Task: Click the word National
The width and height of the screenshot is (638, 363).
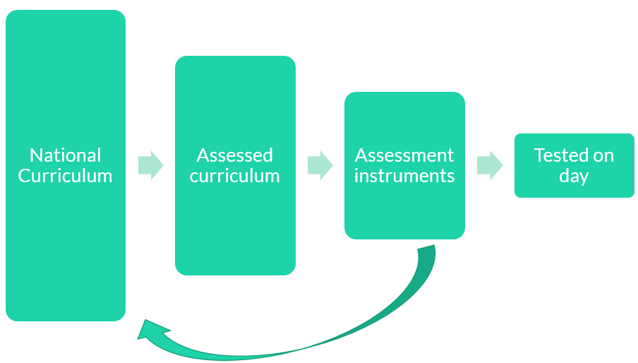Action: click(x=66, y=155)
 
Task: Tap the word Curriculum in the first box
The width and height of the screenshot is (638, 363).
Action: click(x=66, y=176)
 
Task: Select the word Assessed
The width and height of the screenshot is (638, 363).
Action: click(x=235, y=155)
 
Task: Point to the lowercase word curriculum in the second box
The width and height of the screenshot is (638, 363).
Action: click(x=235, y=176)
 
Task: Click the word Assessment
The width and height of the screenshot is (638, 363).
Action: click(x=404, y=155)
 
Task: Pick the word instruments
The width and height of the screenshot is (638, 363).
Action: click(x=404, y=176)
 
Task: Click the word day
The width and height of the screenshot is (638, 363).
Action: click(x=574, y=176)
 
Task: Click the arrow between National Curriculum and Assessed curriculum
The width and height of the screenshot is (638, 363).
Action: click(x=150, y=165)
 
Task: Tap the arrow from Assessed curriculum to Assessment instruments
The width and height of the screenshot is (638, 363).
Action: click(x=320, y=165)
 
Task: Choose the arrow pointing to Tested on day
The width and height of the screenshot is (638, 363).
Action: click(x=489, y=165)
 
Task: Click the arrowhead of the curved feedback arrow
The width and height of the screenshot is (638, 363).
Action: click(x=150, y=331)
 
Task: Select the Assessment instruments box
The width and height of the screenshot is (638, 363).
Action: click(x=404, y=212)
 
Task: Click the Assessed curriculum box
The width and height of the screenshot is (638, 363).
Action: click(x=235, y=233)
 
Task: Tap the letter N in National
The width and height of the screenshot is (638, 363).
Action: click(x=35, y=155)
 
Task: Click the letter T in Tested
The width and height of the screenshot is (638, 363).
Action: click(x=538, y=155)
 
